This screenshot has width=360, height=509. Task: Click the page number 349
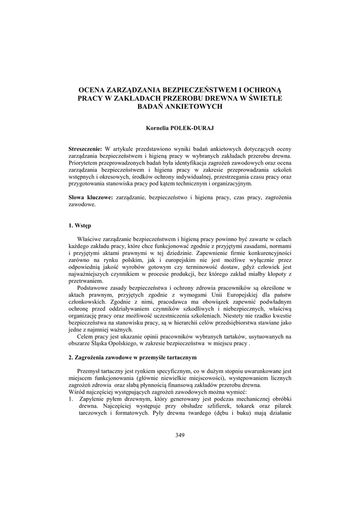point(180,435)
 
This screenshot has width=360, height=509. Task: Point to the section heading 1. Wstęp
point(80,225)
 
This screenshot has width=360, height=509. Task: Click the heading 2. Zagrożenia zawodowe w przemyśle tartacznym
point(133,357)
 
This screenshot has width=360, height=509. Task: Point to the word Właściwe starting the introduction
point(90,239)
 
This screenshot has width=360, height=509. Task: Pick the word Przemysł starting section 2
point(89,371)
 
